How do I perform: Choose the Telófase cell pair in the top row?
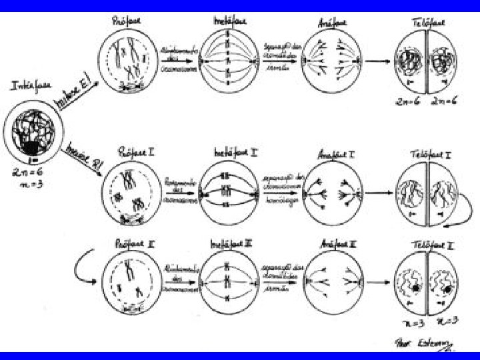pyautogui.click(x=425, y=65)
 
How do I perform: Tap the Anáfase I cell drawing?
pyautogui.click(x=332, y=193)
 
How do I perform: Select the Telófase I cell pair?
pyautogui.click(x=425, y=194)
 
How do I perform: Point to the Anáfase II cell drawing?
pyautogui.click(x=332, y=281)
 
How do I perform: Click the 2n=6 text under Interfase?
pyautogui.click(x=25, y=171)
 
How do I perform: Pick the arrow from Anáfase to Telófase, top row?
pyautogui.click(x=378, y=61)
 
